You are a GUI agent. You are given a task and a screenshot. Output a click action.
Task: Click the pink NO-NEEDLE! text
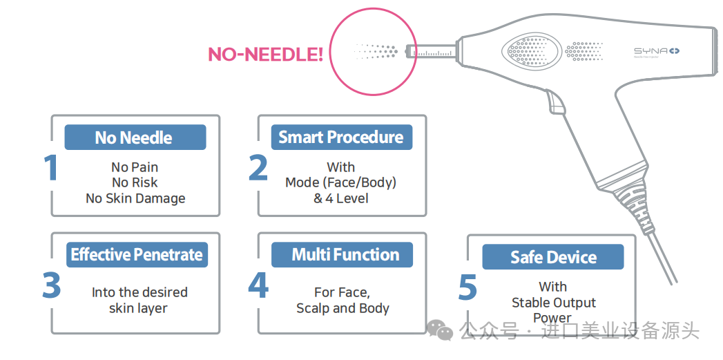coord(265,54)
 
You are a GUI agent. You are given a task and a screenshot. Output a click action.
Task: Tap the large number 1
coord(50,168)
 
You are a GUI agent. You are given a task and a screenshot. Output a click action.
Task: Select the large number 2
coord(258,168)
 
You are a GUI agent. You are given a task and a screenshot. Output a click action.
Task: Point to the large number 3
coord(51,285)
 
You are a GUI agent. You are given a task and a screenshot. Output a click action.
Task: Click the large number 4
coord(258,285)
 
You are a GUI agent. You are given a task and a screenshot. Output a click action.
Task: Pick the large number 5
coord(467,287)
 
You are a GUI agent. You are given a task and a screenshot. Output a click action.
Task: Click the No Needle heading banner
coord(135,138)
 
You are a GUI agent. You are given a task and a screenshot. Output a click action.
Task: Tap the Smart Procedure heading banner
coord(341,137)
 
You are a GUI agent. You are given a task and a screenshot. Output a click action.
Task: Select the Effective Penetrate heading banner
coord(136,255)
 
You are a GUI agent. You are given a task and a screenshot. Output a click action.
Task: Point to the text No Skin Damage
coord(135,198)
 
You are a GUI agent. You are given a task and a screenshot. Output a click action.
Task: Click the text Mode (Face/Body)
coord(341,183)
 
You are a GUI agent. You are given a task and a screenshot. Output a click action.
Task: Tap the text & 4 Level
coord(341,198)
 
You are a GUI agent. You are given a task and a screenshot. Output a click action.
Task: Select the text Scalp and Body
coord(343,309)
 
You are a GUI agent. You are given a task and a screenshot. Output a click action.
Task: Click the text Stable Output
coord(554,303)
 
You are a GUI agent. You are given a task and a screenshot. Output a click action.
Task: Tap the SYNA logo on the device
coord(657,51)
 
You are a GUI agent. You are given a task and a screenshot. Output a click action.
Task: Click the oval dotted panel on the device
coord(530,52)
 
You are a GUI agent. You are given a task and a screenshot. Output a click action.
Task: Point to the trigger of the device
coord(556,102)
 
